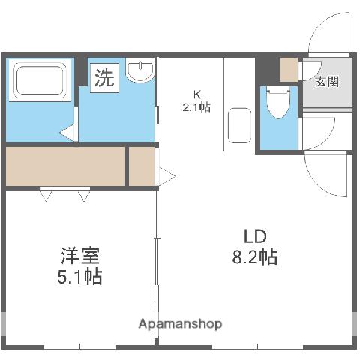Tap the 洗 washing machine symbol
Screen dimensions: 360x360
coord(105,78)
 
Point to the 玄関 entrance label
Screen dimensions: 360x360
coord(326,80)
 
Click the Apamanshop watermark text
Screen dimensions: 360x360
coord(180,324)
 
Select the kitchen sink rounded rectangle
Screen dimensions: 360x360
coord(239,125)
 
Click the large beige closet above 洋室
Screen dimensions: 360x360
coord(64,166)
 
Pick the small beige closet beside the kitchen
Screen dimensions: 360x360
coord(141,166)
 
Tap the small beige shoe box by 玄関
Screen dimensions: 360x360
coord(289,69)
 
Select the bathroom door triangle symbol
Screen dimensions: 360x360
coord(68,134)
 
